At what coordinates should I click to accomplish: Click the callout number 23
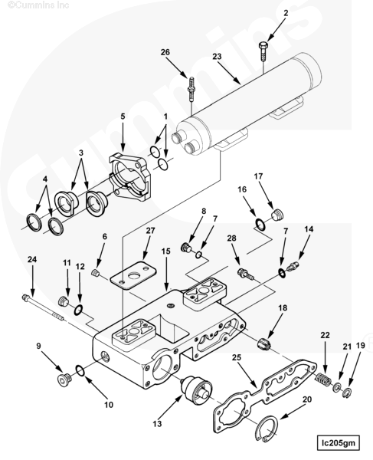pos(217,56)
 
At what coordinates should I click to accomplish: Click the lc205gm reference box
pos(338,442)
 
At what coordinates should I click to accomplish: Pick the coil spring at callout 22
pos(323,379)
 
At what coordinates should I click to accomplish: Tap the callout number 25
pos(237,357)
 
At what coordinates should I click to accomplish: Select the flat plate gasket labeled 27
pos(133,275)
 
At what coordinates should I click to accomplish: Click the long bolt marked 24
pos(43,308)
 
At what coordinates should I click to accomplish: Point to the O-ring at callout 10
pos(80,370)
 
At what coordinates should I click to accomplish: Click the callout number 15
pos(165,251)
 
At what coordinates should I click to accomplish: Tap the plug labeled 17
pos(277,215)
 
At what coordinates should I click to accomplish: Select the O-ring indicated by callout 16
pos(260,224)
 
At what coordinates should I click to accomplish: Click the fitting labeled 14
pos(293,266)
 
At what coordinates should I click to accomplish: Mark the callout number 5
pos(123,117)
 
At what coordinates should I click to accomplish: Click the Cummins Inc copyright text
pos(38,5)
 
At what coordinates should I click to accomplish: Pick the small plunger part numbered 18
pos(264,343)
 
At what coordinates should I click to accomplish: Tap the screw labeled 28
pos(246,274)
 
